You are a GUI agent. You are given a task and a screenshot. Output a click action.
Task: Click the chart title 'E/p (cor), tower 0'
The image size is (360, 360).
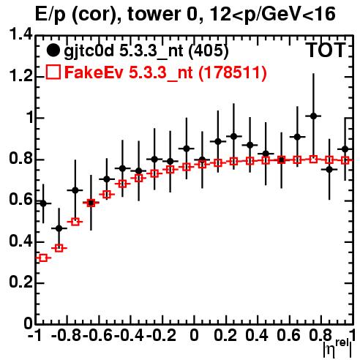tap(115, 15)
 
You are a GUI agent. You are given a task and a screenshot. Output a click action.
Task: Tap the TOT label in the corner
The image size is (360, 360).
tap(326, 50)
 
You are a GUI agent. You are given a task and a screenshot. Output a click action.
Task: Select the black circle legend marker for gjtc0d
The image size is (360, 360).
tap(53, 50)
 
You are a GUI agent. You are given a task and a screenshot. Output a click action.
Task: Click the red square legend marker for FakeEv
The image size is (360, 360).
tap(53, 72)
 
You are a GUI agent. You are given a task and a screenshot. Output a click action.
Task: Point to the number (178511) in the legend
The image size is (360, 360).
tap(233, 72)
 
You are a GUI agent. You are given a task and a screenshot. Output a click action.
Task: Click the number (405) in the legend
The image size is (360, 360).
tap(209, 51)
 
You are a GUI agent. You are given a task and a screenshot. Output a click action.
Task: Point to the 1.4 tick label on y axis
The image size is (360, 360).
tap(21, 35)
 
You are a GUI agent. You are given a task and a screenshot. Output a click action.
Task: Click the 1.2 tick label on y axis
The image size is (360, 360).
tap(21, 76)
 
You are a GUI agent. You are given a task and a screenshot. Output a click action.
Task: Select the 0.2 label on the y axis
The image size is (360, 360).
tap(21, 282)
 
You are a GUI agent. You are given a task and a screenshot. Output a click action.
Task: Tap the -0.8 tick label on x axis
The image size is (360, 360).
tap(67, 335)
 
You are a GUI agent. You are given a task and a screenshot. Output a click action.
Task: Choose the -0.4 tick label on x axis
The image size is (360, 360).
tap(130, 335)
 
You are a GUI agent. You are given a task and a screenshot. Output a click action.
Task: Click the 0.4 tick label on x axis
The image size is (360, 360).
tap(257, 335)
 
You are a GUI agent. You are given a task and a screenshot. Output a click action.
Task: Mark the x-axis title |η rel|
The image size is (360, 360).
tap(337, 349)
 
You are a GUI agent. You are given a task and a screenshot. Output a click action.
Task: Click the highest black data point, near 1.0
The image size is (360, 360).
tap(314, 116)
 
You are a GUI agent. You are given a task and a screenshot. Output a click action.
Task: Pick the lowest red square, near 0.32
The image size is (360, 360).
tap(43, 258)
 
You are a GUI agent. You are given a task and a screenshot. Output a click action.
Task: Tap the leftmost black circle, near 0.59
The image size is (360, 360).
tap(43, 203)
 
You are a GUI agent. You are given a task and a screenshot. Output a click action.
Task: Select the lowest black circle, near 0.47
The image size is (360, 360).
tap(59, 228)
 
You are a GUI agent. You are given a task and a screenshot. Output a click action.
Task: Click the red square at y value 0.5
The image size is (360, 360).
tap(75, 222)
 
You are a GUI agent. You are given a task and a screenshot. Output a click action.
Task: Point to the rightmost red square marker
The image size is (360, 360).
tap(345, 160)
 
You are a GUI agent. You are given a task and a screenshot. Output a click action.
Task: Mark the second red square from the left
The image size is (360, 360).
tap(59, 248)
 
